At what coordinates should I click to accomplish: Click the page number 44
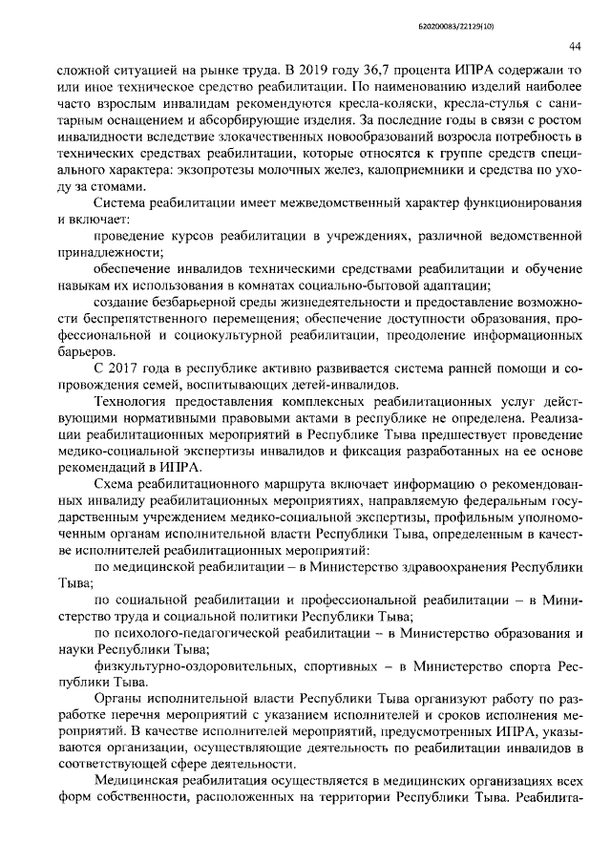point(575,46)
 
